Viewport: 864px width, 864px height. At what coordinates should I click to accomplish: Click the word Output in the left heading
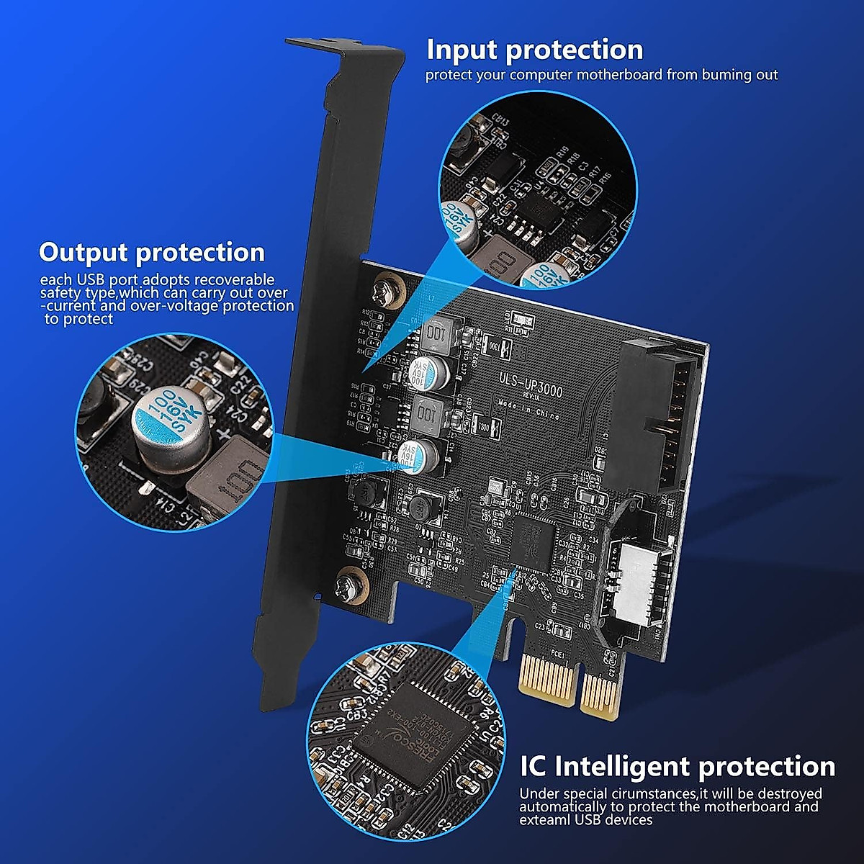[x=84, y=253]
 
